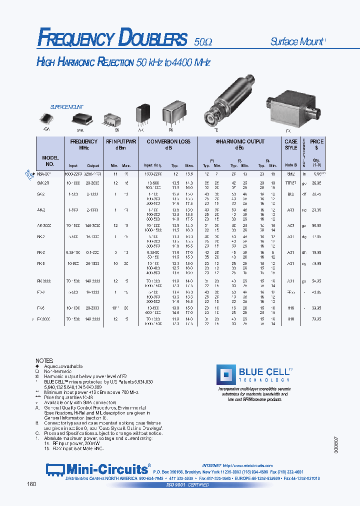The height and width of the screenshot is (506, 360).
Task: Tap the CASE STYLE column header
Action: coord(290,144)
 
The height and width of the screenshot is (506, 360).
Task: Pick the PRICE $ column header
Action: coord(316,144)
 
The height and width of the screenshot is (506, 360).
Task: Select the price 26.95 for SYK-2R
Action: coord(316,183)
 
